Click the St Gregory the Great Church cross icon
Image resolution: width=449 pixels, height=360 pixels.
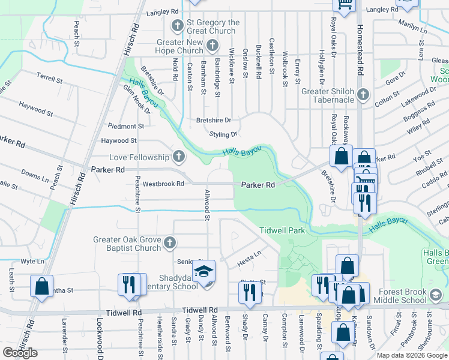tap(177, 26)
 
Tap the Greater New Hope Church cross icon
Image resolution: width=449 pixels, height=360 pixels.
tap(212, 46)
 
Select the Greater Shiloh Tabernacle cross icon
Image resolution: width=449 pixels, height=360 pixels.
tap(363, 95)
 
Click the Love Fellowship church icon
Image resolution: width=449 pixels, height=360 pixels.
tap(178, 157)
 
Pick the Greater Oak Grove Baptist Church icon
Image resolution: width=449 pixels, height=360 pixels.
tap(170, 243)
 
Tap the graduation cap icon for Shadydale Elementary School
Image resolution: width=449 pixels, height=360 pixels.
tap(204, 272)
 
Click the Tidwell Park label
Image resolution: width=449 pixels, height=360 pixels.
tap(282, 231)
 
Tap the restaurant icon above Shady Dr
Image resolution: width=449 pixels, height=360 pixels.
tap(247, 292)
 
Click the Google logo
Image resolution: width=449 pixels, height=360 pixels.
tap(20, 353)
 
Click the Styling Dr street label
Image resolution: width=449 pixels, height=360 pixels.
tap(223, 134)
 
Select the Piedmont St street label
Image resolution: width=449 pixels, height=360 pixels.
tap(125, 126)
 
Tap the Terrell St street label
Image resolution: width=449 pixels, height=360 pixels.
tap(49, 79)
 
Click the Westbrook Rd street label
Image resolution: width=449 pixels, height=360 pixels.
tap(163, 184)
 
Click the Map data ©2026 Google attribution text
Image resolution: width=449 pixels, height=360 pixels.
tap(412, 355)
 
